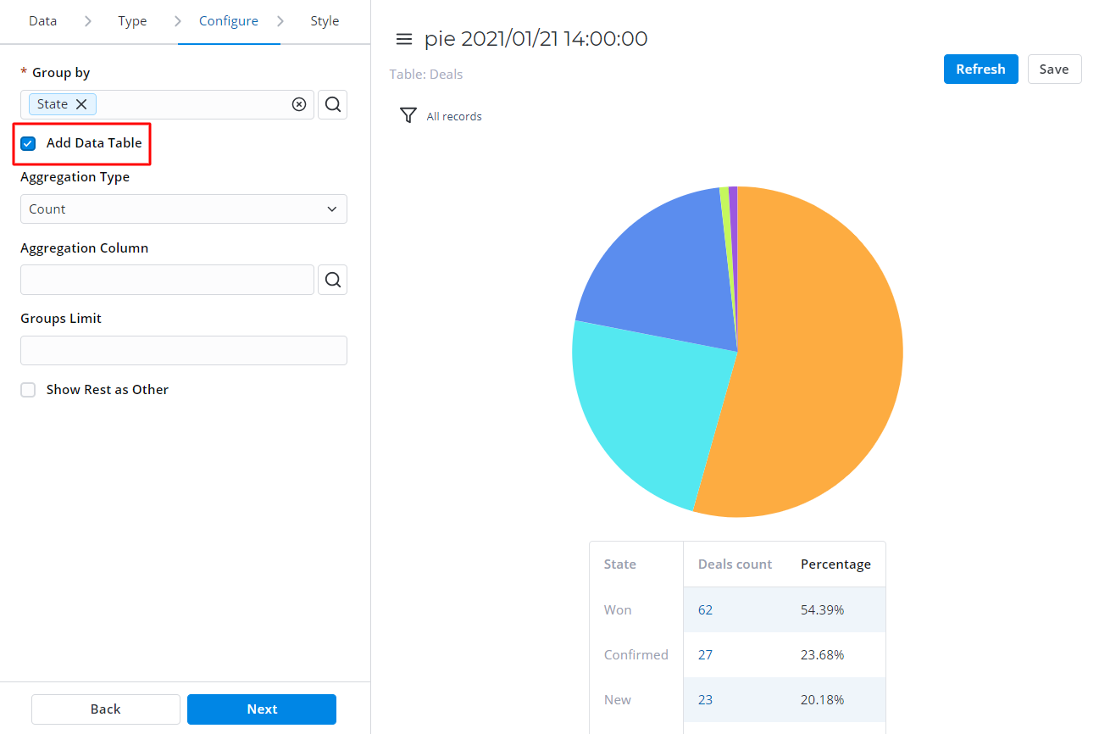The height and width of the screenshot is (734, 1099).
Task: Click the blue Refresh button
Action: tap(980, 70)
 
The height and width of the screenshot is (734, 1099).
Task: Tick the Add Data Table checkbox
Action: tap(28, 143)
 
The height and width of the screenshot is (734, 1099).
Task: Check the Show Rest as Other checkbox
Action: tap(28, 390)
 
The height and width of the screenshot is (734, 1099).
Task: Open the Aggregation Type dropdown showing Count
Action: tap(184, 209)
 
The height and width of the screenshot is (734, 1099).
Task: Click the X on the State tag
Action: tap(81, 104)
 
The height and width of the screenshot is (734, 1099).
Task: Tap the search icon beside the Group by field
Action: tap(333, 104)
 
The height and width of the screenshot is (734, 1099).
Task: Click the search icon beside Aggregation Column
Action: tap(333, 280)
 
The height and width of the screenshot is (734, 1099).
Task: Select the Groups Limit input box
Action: tap(184, 350)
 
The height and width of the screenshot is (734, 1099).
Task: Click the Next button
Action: tap(262, 709)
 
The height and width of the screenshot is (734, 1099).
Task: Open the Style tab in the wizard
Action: tap(325, 21)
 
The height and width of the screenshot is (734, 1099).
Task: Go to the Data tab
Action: tap(42, 21)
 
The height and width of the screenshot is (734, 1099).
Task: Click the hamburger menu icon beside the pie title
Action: tap(404, 39)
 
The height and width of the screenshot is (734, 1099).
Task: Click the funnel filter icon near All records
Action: tap(408, 115)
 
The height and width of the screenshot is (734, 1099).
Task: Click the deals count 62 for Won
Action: tap(705, 610)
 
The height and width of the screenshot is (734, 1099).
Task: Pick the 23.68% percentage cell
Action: tap(822, 655)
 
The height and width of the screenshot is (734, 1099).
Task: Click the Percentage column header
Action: tap(835, 564)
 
